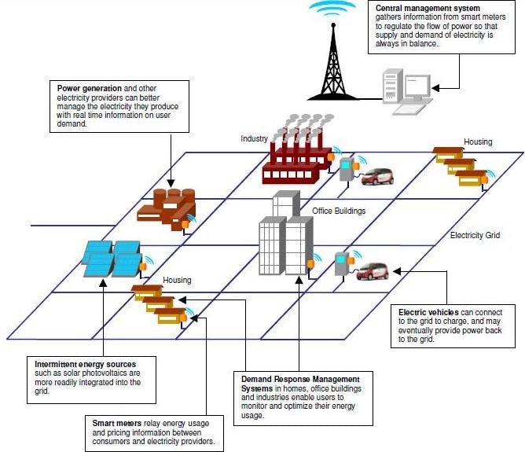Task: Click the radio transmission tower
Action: point(331,59)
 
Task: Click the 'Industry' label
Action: point(254,139)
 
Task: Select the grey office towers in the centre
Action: point(285,236)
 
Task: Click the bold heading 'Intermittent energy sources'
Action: point(86,365)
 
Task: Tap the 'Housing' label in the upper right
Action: point(478,142)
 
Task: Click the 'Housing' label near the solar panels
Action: point(177,280)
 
